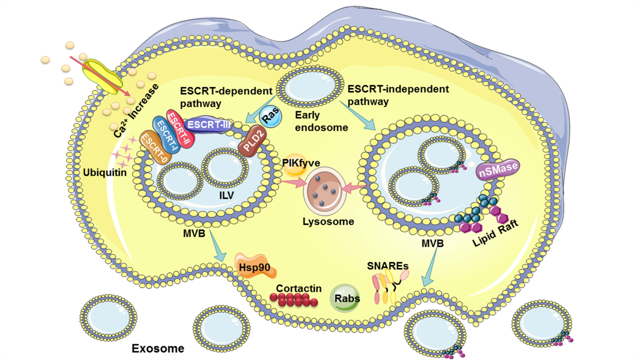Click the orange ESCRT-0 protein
tap(156, 148)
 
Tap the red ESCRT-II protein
tap(181, 129)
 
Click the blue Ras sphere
tap(270, 116)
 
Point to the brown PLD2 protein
tap(252, 141)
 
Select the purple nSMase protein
tap(498, 169)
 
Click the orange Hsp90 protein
tap(255, 266)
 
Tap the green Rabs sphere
tap(345, 298)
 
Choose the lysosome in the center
tap(325, 191)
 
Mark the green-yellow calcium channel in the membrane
tap(102, 76)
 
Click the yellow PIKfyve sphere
tap(295, 165)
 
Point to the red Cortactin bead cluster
tap(294, 299)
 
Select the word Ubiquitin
tap(105, 172)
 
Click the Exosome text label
tap(158, 348)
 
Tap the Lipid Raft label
tap(495, 233)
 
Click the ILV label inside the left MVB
tap(226, 196)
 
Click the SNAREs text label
tap(388, 266)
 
